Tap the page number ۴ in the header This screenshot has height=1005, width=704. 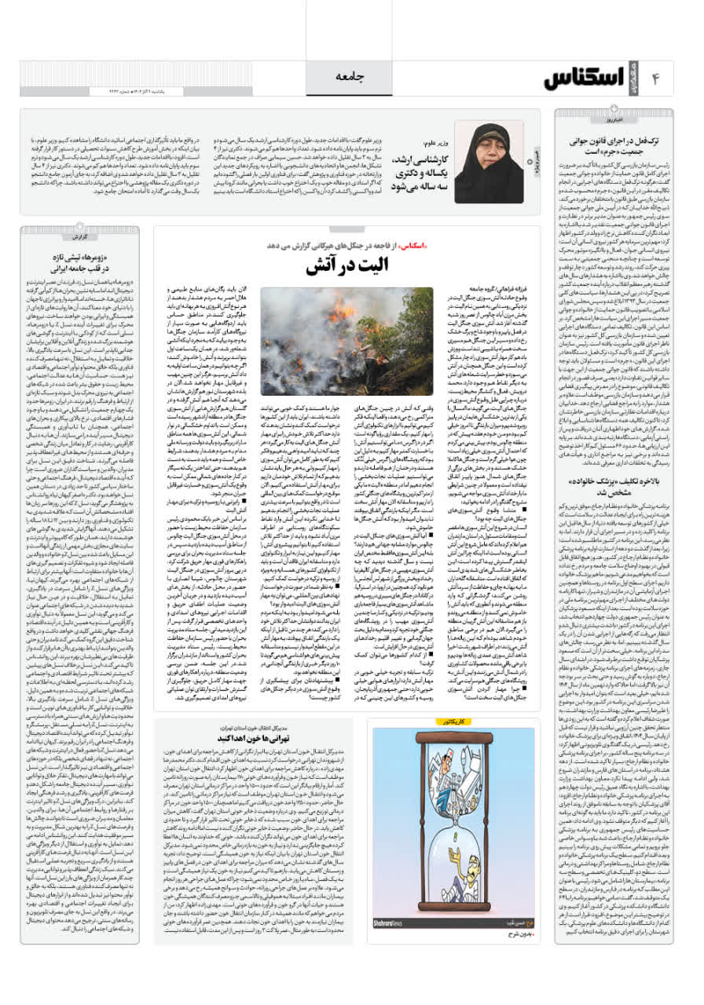[x=657, y=79]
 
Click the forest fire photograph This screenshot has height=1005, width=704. [x=347, y=341]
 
